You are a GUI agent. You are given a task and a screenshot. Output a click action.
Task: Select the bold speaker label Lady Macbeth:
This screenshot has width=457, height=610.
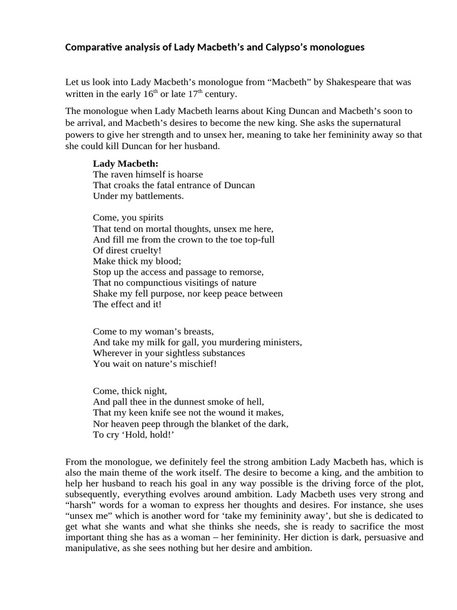pos(126,163)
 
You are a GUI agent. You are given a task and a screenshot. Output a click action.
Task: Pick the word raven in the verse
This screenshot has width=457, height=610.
pos(122,174)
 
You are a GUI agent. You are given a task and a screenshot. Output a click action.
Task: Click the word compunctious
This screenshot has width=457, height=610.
pos(161,282)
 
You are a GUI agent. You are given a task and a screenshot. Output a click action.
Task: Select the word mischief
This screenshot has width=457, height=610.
pos(193,363)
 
